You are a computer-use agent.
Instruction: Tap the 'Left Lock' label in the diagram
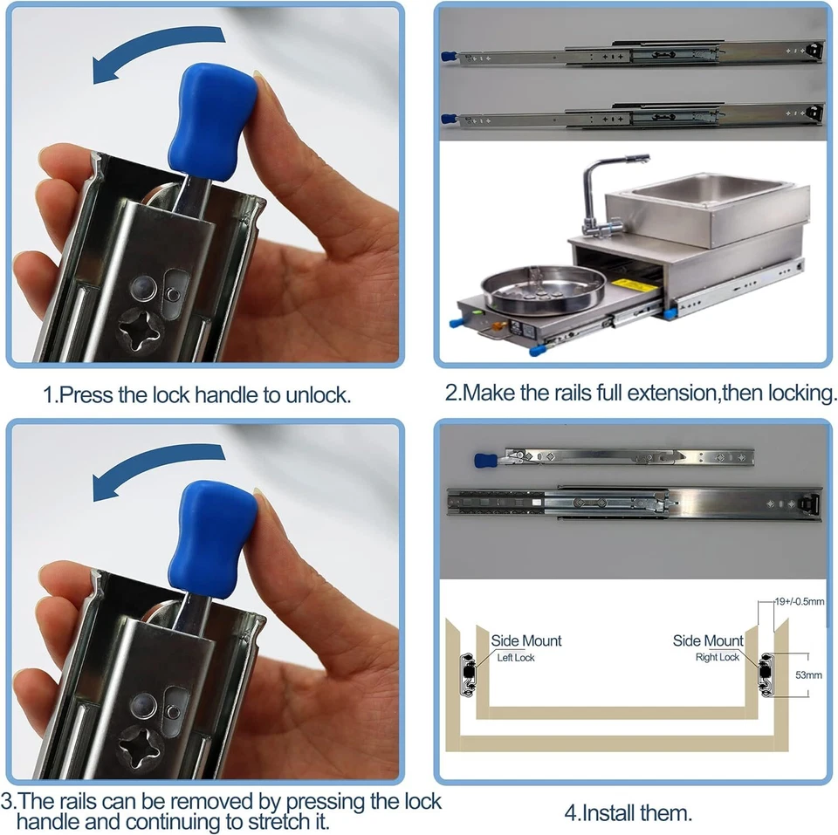click(516, 657)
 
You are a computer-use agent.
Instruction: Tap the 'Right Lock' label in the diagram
click(717, 657)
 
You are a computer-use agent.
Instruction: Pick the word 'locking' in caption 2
click(800, 393)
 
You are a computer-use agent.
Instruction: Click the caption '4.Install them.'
click(628, 813)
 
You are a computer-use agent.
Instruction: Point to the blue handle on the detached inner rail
click(484, 459)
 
